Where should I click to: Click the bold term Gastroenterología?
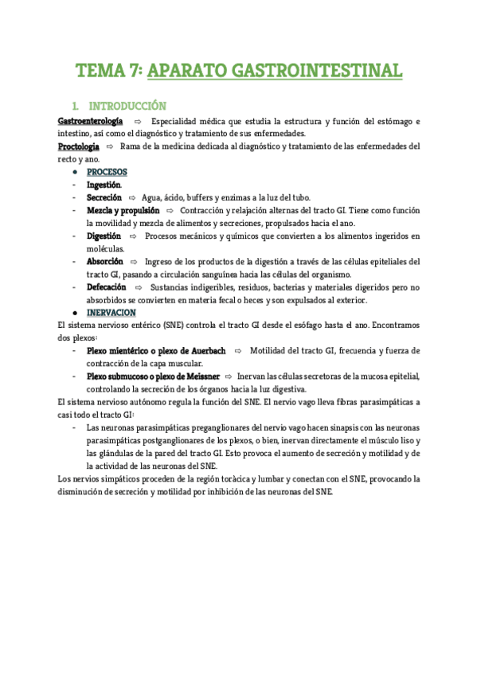(x=91, y=121)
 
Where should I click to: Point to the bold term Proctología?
(x=79, y=147)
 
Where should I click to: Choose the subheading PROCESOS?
(x=107, y=172)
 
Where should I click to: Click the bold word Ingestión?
(x=104, y=185)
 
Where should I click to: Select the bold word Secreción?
(x=104, y=197)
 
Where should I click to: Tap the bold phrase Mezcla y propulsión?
(x=123, y=210)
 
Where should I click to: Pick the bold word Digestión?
(x=104, y=236)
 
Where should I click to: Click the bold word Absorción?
(x=104, y=262)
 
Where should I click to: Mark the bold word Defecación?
(x=108, y=287)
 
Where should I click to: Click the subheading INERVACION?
(x=111, y=313)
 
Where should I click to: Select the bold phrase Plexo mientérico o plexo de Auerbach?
(x=156, y=351)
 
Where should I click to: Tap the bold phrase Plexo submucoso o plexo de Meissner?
(x=153, y=377)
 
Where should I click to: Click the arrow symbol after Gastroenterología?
(x=138, y=121)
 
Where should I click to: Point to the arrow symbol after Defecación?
(x=139, y=287)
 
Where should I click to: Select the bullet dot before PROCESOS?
(x=74, y=173)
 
